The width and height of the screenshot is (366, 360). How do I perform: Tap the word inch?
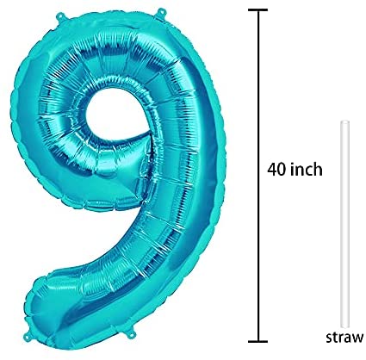[307, 169]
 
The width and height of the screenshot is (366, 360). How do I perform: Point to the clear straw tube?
[345, 225]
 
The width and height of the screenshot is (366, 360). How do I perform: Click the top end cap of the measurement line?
[258, 9]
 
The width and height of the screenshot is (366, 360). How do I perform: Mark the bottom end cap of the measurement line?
[258, 341]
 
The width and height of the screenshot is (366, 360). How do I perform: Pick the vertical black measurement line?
[258, 176]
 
